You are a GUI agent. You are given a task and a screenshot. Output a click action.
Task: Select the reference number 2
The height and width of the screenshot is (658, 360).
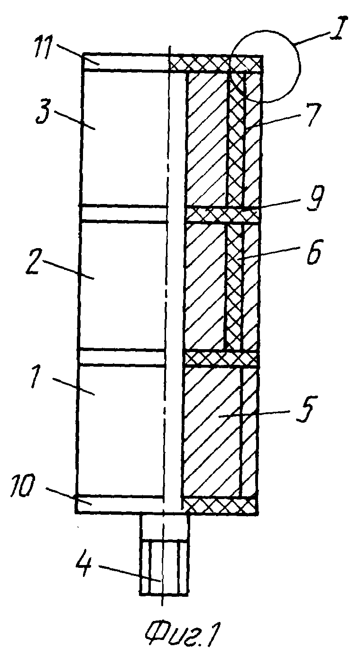32,261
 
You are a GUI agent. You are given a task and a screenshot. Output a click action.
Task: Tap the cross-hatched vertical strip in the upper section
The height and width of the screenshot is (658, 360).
236,139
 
